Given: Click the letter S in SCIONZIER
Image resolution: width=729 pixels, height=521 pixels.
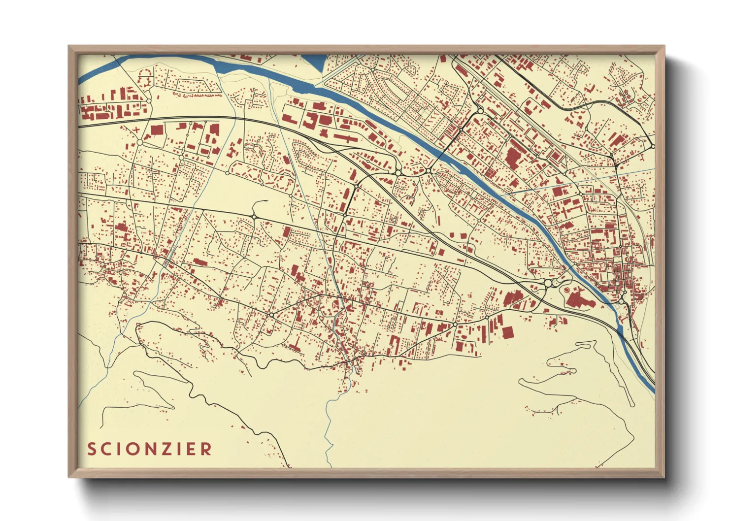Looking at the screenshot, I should (92, 449).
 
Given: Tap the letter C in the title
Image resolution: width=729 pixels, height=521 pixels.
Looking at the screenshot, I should (109, 449).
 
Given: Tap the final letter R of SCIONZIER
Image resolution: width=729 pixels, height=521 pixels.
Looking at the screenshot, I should (208, 449).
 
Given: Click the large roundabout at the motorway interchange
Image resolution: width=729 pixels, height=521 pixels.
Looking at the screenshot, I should (548, 283).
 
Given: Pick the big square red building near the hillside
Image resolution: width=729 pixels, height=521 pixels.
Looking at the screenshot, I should (508, 332).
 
